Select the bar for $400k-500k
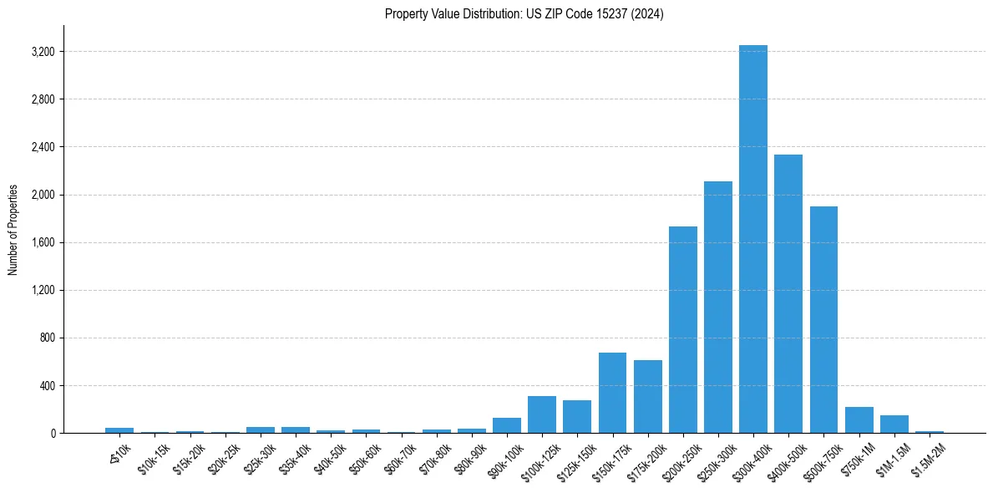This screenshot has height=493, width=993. pyautogui.click(x=788, y=293)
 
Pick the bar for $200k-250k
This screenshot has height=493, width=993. pyautogui.click(x=682, y=329)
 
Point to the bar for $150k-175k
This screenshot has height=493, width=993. pyautogui.click(x=612, y=393)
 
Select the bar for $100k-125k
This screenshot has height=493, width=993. pyautogui.click(x=542, y=414)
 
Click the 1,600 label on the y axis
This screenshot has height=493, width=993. pyautogui.click(x=43, y=243)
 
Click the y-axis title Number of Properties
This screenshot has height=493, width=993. pyautogui.click(x=13, y=229)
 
